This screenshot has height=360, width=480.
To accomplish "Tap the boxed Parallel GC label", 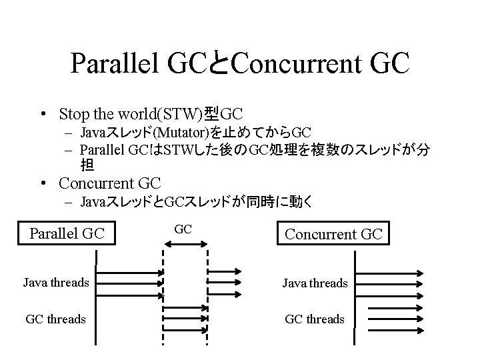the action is coord(67,233).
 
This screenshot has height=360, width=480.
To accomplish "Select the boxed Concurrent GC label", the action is coord(333,234).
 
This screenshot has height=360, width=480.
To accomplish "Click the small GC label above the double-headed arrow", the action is coord(183,229).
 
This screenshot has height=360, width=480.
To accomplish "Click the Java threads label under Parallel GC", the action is coord(56,283).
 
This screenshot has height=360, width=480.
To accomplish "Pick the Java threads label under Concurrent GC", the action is coord(315,283).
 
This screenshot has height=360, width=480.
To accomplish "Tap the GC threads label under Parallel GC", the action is coord(55,319).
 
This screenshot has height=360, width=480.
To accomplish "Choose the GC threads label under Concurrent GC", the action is coord(315,319).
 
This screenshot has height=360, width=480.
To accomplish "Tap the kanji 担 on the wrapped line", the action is coord(87,164).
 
